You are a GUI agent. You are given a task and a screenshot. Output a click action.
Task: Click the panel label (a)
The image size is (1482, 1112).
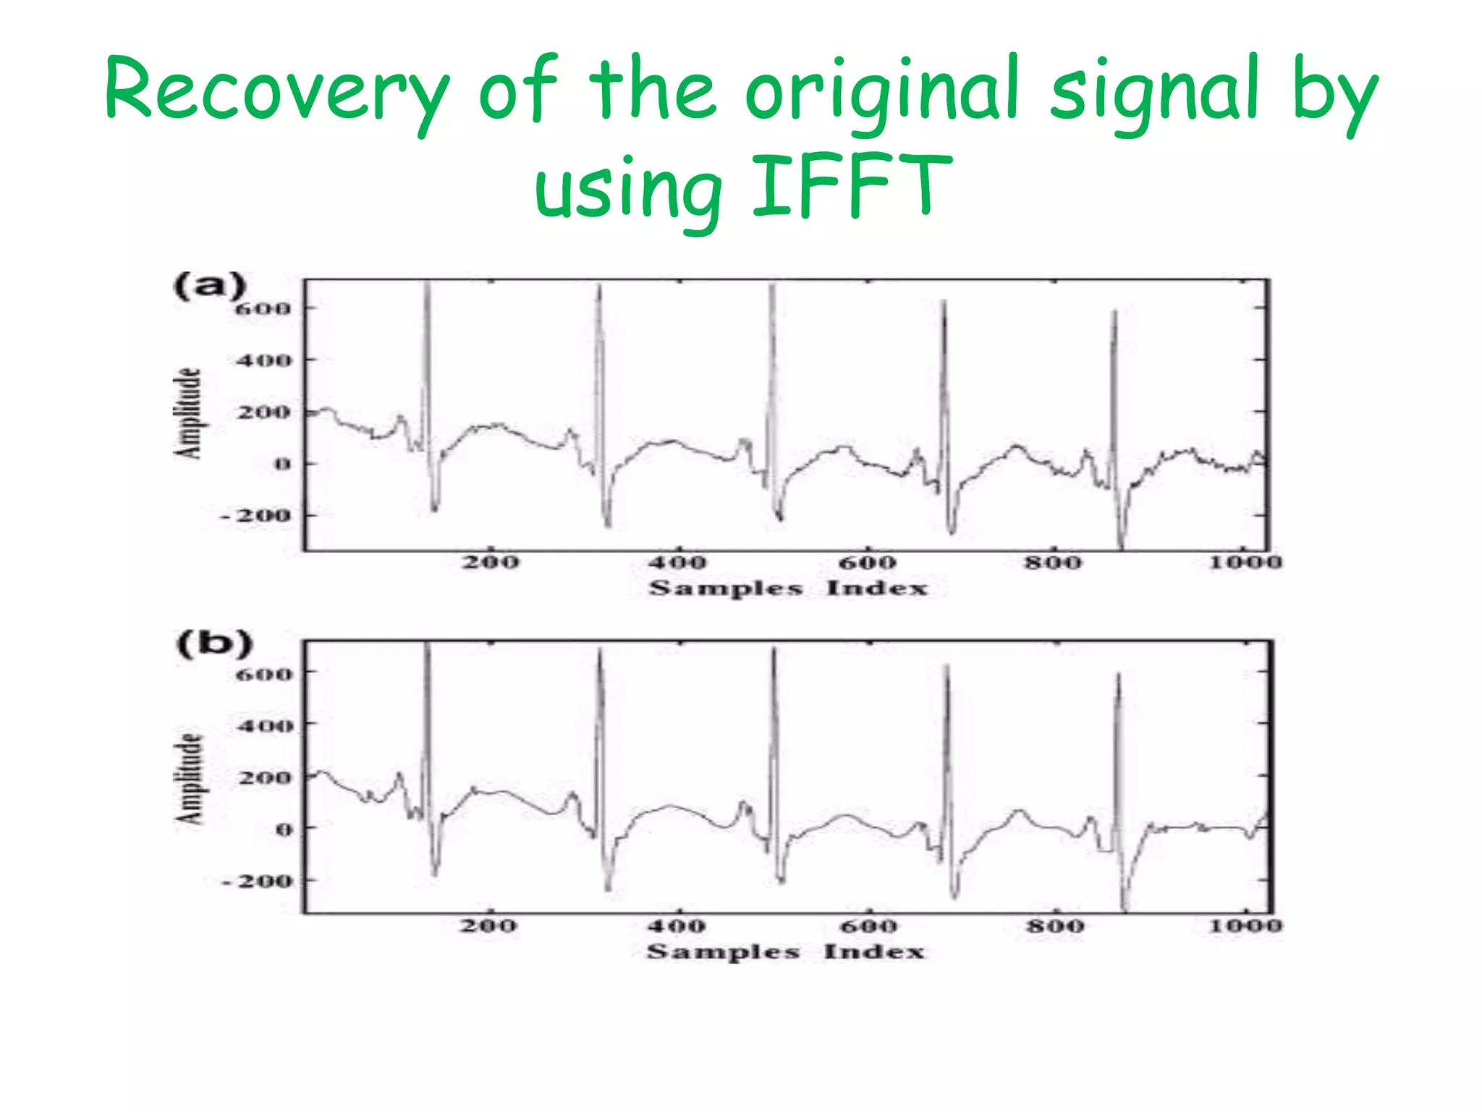[210, 286]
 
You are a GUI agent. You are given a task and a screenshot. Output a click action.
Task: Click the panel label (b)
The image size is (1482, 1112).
[214, 644]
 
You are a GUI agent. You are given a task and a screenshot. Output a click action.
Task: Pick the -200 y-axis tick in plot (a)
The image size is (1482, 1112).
[255, 515]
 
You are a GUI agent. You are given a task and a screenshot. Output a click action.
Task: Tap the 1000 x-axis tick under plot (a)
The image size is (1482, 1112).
[1246, 563]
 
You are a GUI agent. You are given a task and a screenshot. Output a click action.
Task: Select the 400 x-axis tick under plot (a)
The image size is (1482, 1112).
[677, 563]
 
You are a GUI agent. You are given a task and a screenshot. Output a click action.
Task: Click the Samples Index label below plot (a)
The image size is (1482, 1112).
[787, 588]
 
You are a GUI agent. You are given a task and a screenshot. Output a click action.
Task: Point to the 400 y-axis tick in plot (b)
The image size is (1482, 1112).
[265, 725]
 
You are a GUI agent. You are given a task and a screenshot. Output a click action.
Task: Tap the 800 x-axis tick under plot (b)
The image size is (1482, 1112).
[1055, 926]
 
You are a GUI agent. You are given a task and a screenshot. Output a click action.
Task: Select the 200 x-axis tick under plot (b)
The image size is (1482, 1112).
[488, 926]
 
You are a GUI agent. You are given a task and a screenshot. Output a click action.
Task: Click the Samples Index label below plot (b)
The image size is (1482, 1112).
[785, 951]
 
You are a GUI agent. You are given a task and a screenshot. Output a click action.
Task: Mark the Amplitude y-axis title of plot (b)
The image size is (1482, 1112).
[190, 778]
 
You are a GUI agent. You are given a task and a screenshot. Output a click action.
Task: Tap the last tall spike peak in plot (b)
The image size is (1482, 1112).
[1118, 675]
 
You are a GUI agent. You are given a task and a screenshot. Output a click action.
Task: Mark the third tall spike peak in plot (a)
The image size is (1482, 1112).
[772, 287]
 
